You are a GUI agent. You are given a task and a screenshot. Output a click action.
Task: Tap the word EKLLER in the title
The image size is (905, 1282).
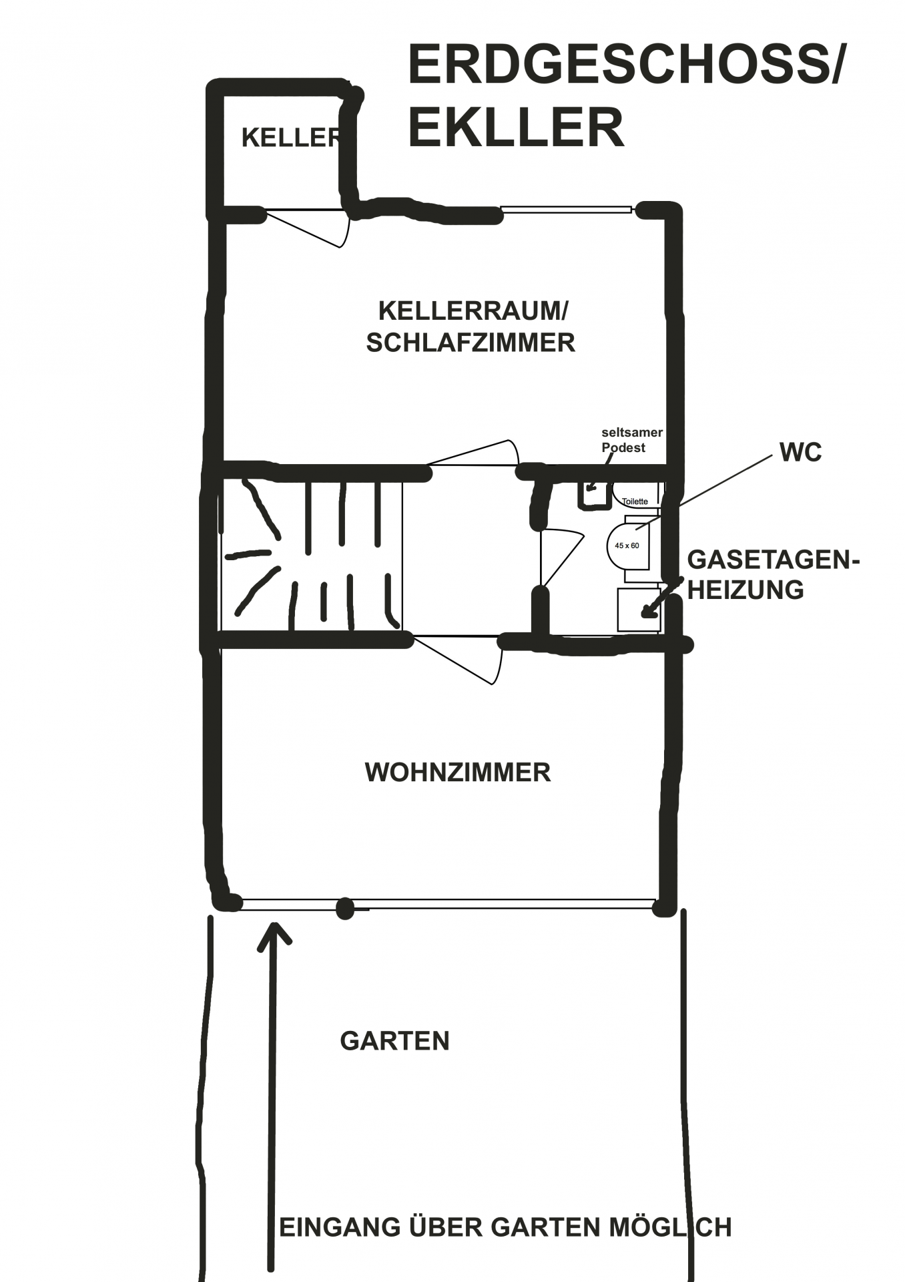click(x=516, y=127)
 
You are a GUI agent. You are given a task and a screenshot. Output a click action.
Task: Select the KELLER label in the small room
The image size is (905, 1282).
click(x=291, y=138)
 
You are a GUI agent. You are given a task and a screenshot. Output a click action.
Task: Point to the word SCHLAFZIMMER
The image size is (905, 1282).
click(x=471, y=343)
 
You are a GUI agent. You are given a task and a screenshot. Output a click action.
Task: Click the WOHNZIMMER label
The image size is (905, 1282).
click(x=458, y=773)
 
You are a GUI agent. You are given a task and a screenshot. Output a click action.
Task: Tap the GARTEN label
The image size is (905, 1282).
click(x=395, y=1041)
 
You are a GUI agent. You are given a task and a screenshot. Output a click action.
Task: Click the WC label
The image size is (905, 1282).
click(x=801, y=453)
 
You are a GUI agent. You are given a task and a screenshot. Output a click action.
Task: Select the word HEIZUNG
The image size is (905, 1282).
click(x=745, y=590)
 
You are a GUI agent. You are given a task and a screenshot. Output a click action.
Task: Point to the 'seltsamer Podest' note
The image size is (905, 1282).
click(x=631, y=440)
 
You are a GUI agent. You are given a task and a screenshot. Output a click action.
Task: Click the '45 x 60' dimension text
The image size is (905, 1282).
click(x=627, y=546)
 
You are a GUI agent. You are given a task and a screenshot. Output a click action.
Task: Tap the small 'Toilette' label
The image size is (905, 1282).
click(x=635, y=501)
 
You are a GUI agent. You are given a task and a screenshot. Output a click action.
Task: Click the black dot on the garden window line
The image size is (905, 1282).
click(x=344, y=908)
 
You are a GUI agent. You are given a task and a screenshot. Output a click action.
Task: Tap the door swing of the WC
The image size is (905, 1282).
click(x=561, y=558)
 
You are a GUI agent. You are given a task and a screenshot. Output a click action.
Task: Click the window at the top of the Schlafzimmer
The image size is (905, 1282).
click(x=566, y=210)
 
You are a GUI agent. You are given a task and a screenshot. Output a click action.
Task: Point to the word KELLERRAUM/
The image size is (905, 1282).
click(x=473, y=310)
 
